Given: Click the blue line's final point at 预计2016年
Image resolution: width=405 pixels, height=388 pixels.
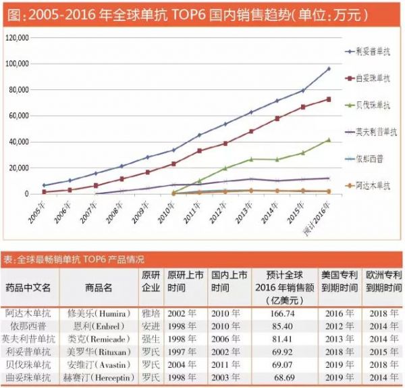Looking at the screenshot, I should click(x=328, y=68).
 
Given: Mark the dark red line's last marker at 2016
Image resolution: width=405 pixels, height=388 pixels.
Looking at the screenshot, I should click(x=328, y=99).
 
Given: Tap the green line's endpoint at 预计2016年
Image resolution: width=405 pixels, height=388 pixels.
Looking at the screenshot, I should click(x=328, y=140).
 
